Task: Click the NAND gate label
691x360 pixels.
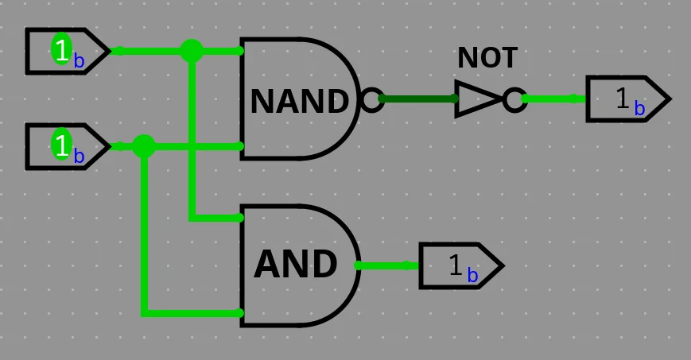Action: point(300,101)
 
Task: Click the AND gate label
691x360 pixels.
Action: point(296,265)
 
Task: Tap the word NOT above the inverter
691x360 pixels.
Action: point(487,58)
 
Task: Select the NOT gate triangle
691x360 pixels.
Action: point(479,99)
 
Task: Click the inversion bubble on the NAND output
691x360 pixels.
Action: point(371,99)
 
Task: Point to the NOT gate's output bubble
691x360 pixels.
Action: point(514,99)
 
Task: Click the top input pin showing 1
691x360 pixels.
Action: point(68,51)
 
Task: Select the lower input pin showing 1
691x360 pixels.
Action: point(68,147)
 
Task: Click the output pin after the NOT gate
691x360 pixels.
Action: point(628,99)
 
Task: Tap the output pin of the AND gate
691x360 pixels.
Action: point(461,265)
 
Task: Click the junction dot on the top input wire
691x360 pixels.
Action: point(192,51)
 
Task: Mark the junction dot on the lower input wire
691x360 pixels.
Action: point(144,146)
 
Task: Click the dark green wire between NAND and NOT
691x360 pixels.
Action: point(418,99)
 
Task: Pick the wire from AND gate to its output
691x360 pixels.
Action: point(388,265)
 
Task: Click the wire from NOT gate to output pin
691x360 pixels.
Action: point(554,99)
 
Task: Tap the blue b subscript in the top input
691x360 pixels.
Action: point(79,61)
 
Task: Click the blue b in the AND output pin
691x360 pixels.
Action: point(472,276)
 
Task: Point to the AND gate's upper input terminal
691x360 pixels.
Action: point(239,218)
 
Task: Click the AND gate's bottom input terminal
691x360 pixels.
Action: point(239,313)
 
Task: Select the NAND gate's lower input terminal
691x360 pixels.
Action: point(239,146)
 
